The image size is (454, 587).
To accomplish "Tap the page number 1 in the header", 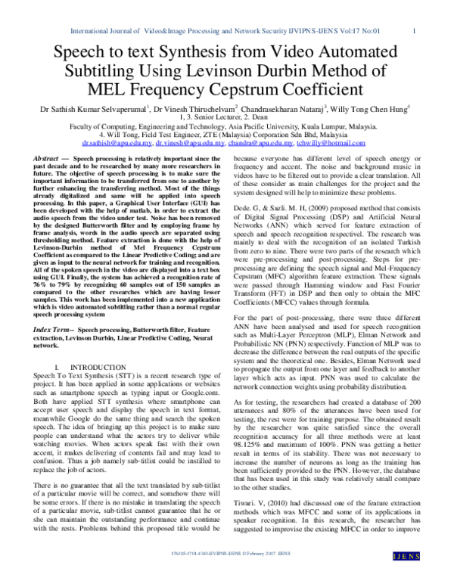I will (x=416, y=31).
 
